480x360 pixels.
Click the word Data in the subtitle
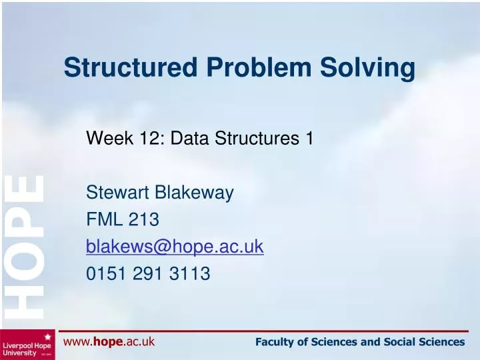(x=191, y=139)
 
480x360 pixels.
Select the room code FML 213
(x=122, y=221)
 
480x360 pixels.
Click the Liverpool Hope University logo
(x=27, y=345)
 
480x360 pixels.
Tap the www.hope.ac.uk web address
(x=109, y=342)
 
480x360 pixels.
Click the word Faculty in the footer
(x=274, y=342)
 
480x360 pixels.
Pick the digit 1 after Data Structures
(x=309, y=139)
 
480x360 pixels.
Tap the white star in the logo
(x=48, y=337)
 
